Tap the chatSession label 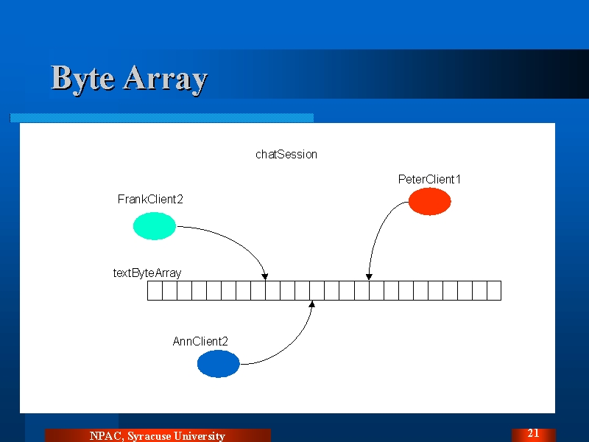[286, 155]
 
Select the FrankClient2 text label [150, 199]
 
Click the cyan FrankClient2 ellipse [155, 226]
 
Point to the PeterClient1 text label [429, 179]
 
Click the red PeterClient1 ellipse [430, 201]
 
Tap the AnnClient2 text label [200, 341]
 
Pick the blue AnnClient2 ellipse [218, 363]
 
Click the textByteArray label [147, 273]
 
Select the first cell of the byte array [155, 290]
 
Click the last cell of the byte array [494, 290]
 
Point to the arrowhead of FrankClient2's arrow [265, 278]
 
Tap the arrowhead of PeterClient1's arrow [369, 277]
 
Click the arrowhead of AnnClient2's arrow [311, 304]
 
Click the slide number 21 [533, 433]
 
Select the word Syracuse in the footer [149, 436]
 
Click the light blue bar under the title [161, 118]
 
